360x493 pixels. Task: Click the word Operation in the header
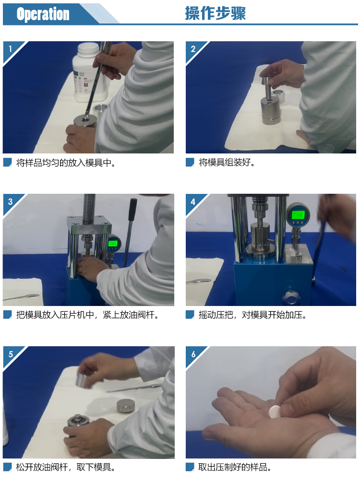pyautogui.click(x=43, y=14)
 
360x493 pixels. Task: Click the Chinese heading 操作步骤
pyautogui.click(x=215, y=13)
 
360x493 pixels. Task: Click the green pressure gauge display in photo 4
pyautogui.click(x=298, y=215)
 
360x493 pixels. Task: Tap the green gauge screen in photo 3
pyautogui.click(x=113, y=243)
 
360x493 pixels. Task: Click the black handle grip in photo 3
pyautogui.click(x=132, y=210)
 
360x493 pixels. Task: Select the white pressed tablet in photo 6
pyautogui.click(x=275, y=411)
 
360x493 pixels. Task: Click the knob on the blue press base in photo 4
pyautogui.click(x=290, y=297)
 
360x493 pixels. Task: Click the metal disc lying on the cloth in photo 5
pyautogui.click(x=126, y=406)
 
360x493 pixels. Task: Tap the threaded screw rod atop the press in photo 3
pyautogui.click(x=89, y=209)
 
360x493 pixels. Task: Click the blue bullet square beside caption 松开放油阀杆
pyautogui.click(x=7, y=467)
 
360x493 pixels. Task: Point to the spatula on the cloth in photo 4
pyautogui.click(x=199, y=281)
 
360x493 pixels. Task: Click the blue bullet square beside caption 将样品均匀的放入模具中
pyautogui.click(x=7, y=162)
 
